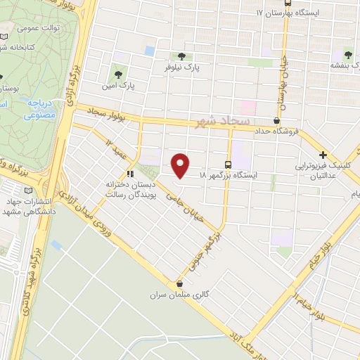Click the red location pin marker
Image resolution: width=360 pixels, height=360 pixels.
pyautogui.click(x=181, y=165)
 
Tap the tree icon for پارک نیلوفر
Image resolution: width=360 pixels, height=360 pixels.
pyautogui.click(x=182, y=56)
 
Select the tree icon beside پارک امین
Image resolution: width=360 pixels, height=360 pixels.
pyautogui.click(x=116, y=71)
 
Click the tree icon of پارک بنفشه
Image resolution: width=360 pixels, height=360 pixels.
pyautogui.click(x=347, y=54)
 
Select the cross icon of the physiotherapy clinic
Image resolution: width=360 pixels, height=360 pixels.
pyautogui.click(x=323, y=155)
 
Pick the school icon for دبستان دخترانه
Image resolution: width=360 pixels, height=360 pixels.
pyautogui.click(x=129, y=174)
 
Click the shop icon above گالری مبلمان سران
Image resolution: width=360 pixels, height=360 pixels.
pyautogui.click(x=181, y=284)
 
